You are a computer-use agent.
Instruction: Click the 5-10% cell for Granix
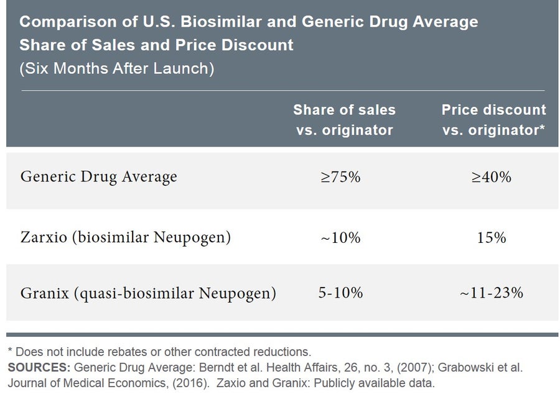point(340,293)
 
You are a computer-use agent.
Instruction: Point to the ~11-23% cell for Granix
point(491,293)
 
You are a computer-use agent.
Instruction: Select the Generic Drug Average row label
point(99,177)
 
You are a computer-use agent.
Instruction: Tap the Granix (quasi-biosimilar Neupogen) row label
point(148,293)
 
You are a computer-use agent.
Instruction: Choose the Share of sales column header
point(344,120)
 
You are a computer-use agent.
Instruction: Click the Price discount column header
point(493,120)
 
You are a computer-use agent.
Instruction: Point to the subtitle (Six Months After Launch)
point(117,68)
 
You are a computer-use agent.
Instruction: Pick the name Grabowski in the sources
point(480,367)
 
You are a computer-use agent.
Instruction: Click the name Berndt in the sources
point(187,367)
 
